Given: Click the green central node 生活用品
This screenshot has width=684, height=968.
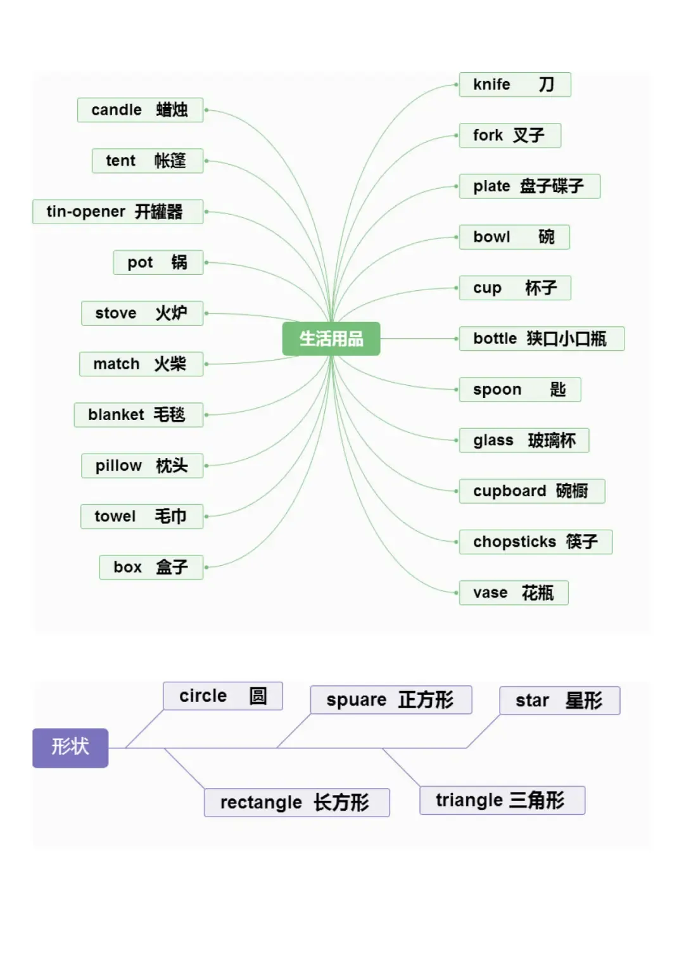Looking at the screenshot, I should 331,339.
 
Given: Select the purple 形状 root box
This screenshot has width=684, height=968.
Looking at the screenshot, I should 70,748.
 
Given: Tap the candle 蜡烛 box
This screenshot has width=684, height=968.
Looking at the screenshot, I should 140,110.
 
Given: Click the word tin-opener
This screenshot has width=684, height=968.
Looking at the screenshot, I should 85,212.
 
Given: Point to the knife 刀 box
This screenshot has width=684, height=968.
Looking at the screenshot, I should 515,85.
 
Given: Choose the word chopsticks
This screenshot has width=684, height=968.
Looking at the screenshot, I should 514,542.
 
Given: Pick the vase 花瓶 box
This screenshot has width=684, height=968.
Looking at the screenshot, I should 514,593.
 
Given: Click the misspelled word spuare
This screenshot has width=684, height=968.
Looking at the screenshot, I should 356,700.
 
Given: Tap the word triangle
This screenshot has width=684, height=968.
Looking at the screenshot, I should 469,801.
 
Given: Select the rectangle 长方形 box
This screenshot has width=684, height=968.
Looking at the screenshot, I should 296,803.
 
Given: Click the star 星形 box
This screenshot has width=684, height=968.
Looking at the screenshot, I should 559,701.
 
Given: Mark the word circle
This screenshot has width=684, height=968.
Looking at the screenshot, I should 203,696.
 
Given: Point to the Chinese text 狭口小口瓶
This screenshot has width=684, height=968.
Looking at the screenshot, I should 566,339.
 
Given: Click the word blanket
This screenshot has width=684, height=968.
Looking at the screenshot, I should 116,415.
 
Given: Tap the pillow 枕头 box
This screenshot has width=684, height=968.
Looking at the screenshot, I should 142,466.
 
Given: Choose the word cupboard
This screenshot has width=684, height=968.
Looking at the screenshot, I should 509,492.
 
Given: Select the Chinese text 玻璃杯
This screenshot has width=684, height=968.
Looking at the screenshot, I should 552,440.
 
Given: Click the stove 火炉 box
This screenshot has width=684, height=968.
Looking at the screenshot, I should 142,313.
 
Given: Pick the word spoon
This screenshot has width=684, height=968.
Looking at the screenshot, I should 497,390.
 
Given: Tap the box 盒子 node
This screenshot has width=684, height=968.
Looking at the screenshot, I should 151,567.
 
